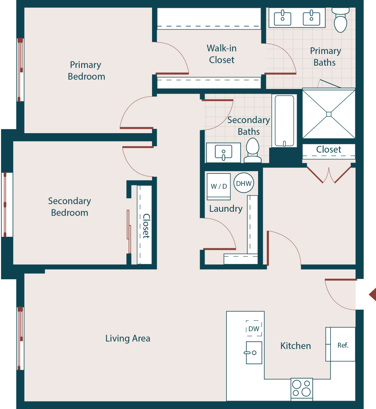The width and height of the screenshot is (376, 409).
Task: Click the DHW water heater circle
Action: [243, 183]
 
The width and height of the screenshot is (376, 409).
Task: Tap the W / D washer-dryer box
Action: [219, 186]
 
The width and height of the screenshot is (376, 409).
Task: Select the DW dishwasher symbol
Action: [254, 328]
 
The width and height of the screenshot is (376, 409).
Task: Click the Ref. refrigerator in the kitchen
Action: [343, 345]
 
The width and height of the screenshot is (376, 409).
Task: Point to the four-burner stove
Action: [302, 388]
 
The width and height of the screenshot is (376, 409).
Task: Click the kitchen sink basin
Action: [254, 353]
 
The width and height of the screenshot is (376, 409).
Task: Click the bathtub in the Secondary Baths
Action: [285, 121]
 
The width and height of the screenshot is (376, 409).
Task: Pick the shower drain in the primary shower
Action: [329, 114]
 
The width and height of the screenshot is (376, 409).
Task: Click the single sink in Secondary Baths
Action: [223, 152]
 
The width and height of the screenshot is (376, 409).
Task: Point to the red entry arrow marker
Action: [372, 294]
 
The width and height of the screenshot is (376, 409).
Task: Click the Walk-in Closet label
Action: [222, 54]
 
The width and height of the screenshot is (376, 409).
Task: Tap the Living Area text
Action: [128, 338]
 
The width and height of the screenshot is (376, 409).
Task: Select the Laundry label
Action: [226, 209]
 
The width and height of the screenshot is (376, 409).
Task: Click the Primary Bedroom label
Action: [86, 71]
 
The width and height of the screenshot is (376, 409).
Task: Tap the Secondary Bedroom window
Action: [5, 205]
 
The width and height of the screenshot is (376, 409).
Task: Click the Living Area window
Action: [20, 338]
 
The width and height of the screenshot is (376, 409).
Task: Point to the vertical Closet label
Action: [146, 226]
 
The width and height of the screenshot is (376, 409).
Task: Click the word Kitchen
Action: [295, 346]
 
